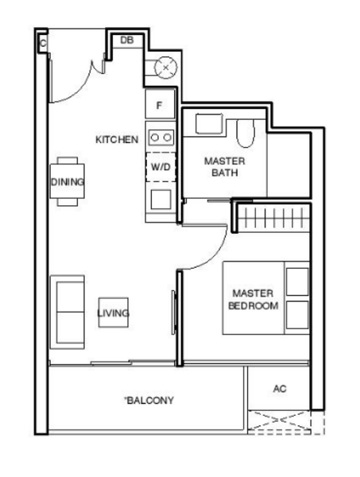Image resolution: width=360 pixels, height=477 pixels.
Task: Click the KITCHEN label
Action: click(117, 140)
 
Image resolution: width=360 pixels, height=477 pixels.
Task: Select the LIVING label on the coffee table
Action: click(113, 314)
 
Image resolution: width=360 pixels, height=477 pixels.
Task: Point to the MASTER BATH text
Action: click(225, 166)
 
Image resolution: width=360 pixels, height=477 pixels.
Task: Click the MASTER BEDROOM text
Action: click(253, 299)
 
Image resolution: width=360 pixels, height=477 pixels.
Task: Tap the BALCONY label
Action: click(149, 400)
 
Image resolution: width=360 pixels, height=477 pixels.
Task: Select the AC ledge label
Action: click(279, 389)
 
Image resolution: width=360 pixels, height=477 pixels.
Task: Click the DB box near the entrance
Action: click(126, 40)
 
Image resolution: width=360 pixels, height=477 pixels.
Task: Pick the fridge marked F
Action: click(160, 104)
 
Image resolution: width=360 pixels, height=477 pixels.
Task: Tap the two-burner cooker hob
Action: click(161, 138)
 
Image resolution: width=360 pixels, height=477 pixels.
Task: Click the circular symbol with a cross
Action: click(165, 68)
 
